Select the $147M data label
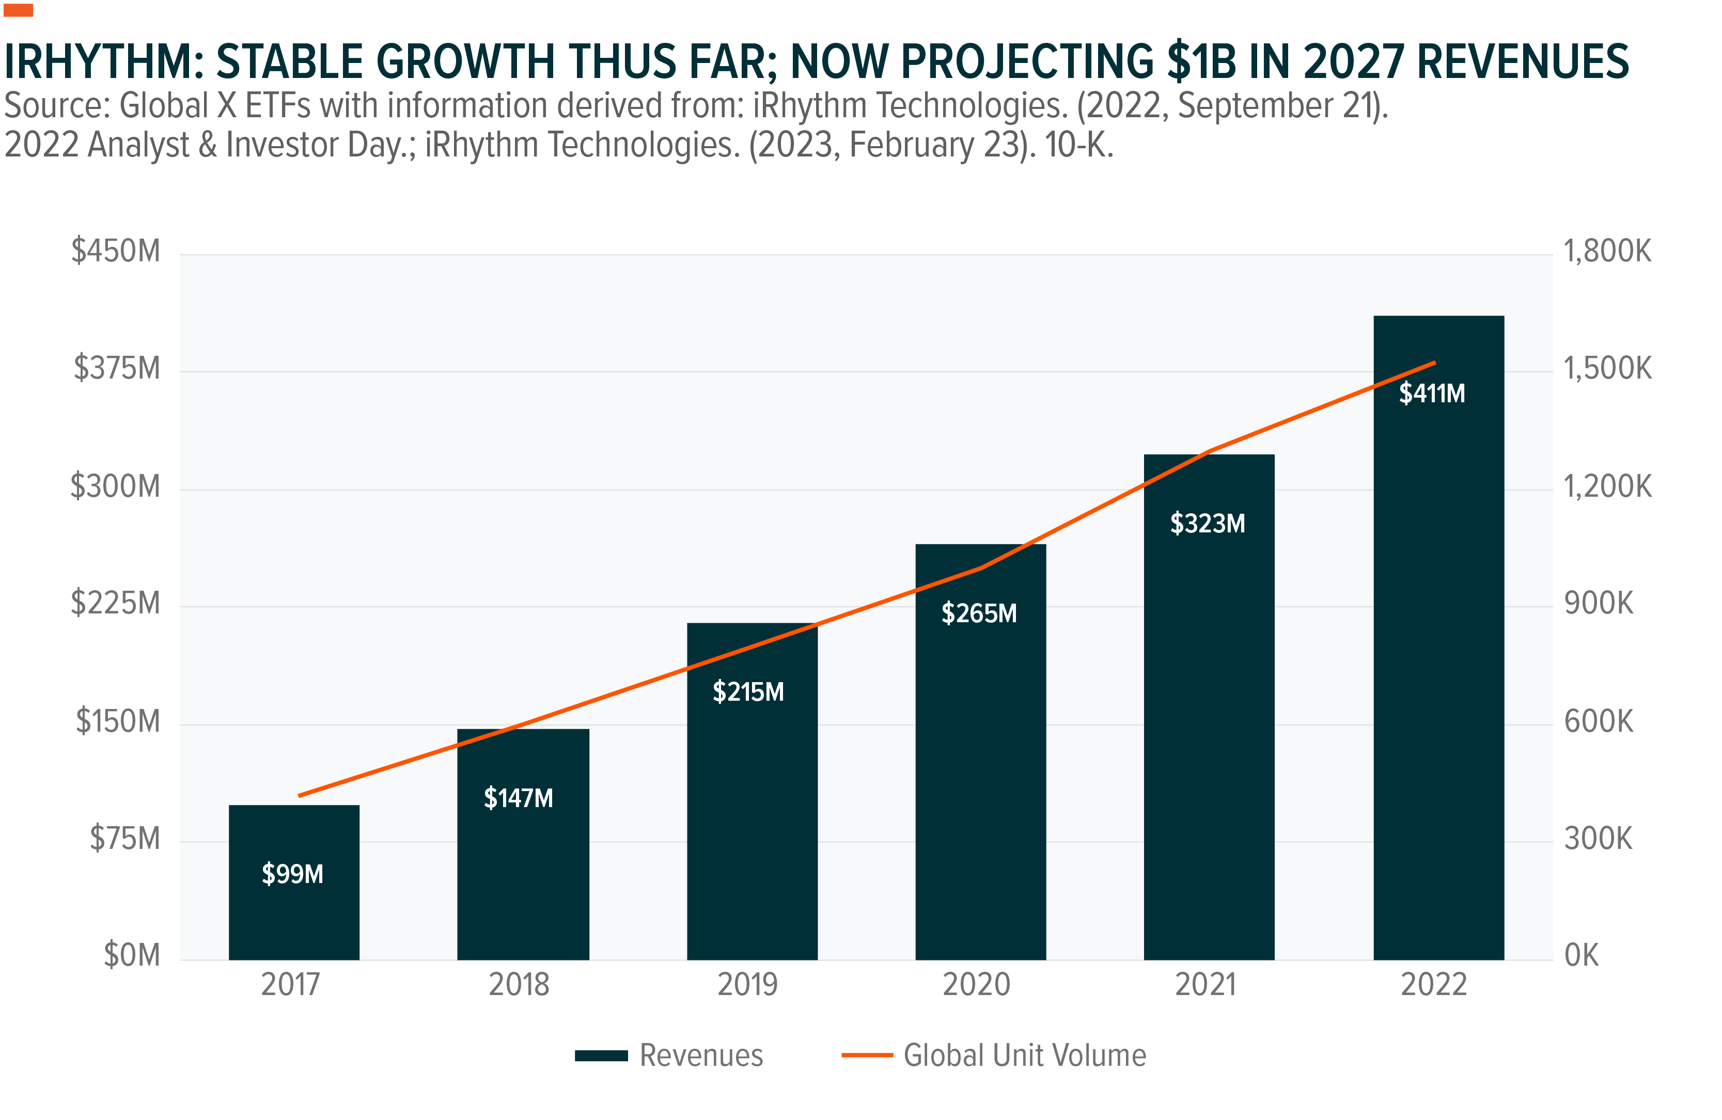coord(518,798)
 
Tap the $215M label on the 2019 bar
coord(748,692)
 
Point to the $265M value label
coord(979,613)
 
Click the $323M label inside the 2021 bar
coord(1208,523)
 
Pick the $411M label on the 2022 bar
coord(1431,393)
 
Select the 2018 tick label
coord(519,985)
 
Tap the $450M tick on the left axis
coord(116,251)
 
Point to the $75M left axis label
coord(124,839)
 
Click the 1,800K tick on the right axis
coord(1607,251)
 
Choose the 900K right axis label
coord(1598,604)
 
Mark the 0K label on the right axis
coord(1581,956)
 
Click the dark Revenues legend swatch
coord(601,1055)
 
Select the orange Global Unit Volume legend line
coord(867,1055)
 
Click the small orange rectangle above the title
coord(18,10)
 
